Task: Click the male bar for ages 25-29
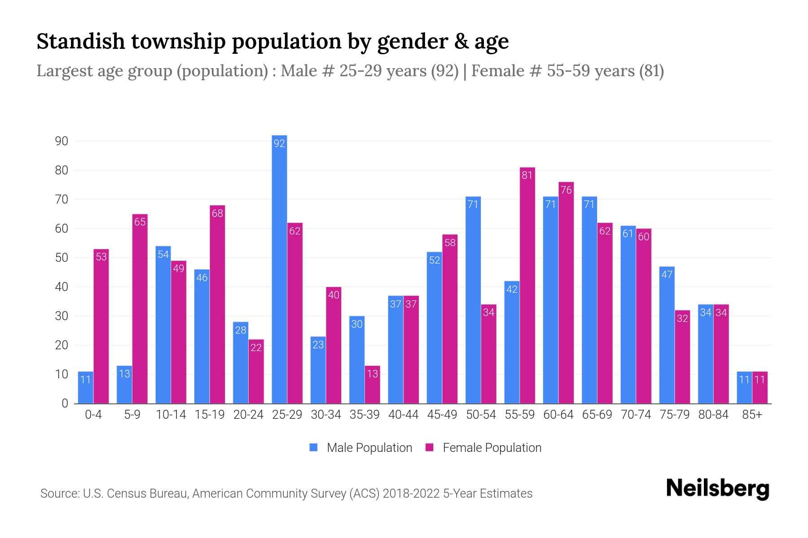(279, 269)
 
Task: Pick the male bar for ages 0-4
(85, 387)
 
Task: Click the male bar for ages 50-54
(473, 300)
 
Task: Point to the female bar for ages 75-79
(682, 357)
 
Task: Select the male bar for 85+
(744, 387)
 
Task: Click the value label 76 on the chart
(566, 190)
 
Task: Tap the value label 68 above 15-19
(217, 213)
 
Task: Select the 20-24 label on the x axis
(248, 415)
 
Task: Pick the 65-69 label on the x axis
(597, 415)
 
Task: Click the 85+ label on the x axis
(752, 415)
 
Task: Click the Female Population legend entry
(483, 447)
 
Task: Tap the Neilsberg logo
(717, 488)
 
